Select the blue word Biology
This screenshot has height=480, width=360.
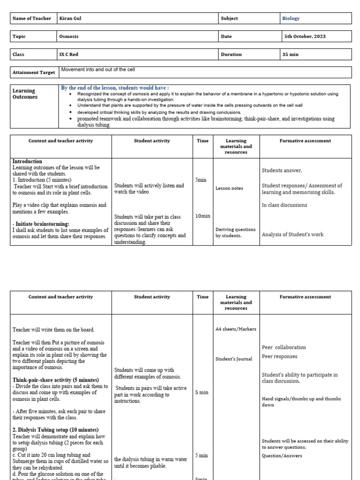tap(291, 18)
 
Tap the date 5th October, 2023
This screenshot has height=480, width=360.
tap(304, 36)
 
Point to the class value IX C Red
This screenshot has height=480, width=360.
tap(68, 54)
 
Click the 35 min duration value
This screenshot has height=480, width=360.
tap(291, 54)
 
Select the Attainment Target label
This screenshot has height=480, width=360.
tap(32, 73)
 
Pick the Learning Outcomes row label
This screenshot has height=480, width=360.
tap(25, 94)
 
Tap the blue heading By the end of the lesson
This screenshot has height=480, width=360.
tap(115, 88)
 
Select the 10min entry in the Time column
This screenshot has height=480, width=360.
tap(202, 216)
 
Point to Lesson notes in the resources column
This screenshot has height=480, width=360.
tap(229, 188)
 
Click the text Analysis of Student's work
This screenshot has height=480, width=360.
tap(292, 234)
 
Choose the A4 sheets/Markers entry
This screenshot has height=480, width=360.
tap(236, 329)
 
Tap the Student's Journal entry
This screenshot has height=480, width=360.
tap(233, 359)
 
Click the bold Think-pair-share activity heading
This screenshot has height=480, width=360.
tap(56, 380)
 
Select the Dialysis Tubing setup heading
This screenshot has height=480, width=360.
tap(55, 430)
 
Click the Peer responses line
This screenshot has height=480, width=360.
tap(279, 356)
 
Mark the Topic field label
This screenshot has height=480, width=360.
tap(19, 36)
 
